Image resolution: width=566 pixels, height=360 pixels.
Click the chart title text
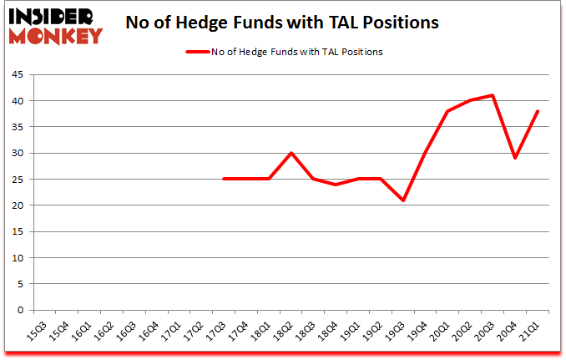point(281,23)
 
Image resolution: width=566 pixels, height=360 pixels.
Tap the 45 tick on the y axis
point(16,74)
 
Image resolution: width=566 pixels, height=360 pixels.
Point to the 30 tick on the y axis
point(16,153)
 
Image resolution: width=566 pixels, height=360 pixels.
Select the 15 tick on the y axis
point(16,231)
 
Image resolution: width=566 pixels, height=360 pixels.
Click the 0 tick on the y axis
point(18,310)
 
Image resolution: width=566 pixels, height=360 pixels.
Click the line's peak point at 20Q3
point(493,95)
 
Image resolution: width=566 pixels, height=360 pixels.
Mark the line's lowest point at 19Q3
point(403,200)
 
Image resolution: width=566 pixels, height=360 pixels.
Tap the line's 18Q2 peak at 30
point(291,153)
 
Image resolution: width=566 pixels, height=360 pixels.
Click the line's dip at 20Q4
point(516,158)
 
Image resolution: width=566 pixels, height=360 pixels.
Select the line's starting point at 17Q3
point(223,179)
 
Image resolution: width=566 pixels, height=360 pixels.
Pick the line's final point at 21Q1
point(538,111)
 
